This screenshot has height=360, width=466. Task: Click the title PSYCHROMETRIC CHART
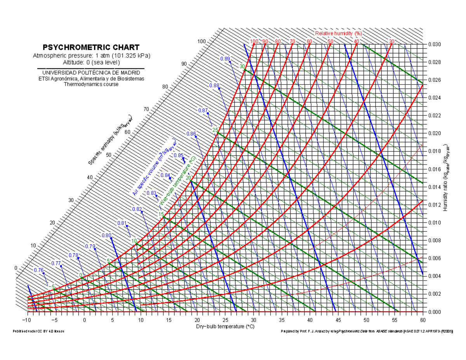pyautogui.click(x=91, y=48)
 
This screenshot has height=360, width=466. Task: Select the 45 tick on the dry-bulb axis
pyautogui.click(x=338, y=320)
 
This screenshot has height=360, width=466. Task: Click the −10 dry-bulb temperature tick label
pyautogui.click(x=26, y=320)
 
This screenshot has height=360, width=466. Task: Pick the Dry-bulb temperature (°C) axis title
pyautogui.click(x=225, y=327)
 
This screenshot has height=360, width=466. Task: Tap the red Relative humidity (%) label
pyautogui.click(x=338, y=33)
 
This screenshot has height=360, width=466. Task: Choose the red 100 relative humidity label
pyautogui.click(x=254, y=42)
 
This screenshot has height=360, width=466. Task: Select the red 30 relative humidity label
pyautogui.click(x=391, y=42)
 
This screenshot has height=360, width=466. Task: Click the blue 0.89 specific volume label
pyautogui.click(x=225, y=59)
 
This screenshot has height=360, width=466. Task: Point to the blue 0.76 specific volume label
pyautogui.click(x=38, y=270)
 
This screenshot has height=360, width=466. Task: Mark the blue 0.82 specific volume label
pyautogui.click(x=137, y=209)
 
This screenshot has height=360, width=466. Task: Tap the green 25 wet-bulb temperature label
pyautogui.click(x=214, y=130)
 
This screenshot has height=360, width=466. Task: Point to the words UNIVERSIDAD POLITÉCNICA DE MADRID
pyautogui.click(x=91, y=73)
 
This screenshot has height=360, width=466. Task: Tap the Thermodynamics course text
pyautogui.click(x=91, y=84)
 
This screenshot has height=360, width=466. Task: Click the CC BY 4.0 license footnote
pyautogui.click(x=38, y=331)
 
